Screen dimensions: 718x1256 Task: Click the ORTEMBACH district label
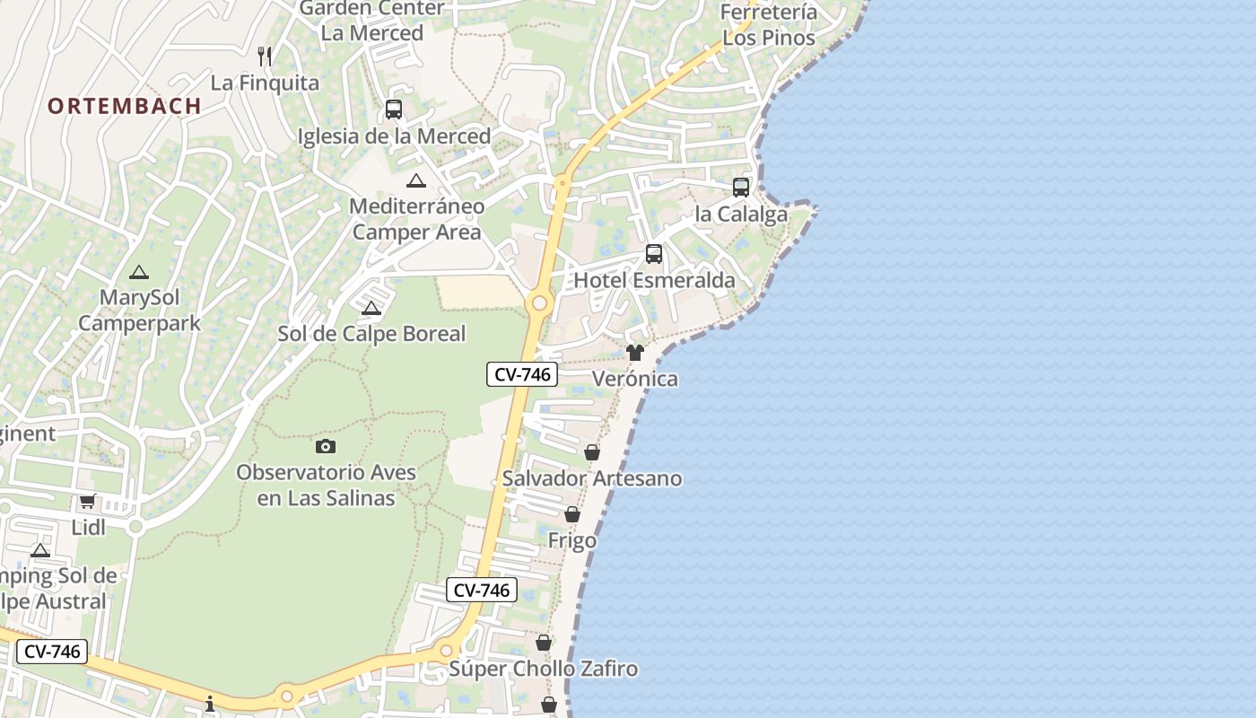125,106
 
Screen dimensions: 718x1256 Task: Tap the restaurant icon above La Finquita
265,57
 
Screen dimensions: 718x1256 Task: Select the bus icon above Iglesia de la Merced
393,109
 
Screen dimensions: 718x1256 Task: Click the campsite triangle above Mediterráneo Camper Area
416,180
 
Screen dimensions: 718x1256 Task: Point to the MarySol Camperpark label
139,311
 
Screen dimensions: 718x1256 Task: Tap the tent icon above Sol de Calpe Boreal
371,309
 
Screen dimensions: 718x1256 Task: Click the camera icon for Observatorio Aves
326,446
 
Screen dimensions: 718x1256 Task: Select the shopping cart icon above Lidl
87,502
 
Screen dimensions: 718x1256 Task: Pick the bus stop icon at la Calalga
741,188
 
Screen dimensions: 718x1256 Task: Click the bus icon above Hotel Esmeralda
654,254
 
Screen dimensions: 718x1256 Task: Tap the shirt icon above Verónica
635,353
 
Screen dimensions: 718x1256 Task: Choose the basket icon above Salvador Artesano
592,452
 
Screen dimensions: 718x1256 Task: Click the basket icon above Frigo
572,515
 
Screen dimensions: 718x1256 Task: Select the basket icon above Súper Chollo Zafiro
544,643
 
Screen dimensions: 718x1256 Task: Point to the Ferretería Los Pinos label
769,25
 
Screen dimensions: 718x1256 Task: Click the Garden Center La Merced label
372,21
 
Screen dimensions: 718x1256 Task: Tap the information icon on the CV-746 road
210,704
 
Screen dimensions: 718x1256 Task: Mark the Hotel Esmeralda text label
654,280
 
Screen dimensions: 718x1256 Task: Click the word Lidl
89,528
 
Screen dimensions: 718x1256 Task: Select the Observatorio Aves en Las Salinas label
327,485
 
